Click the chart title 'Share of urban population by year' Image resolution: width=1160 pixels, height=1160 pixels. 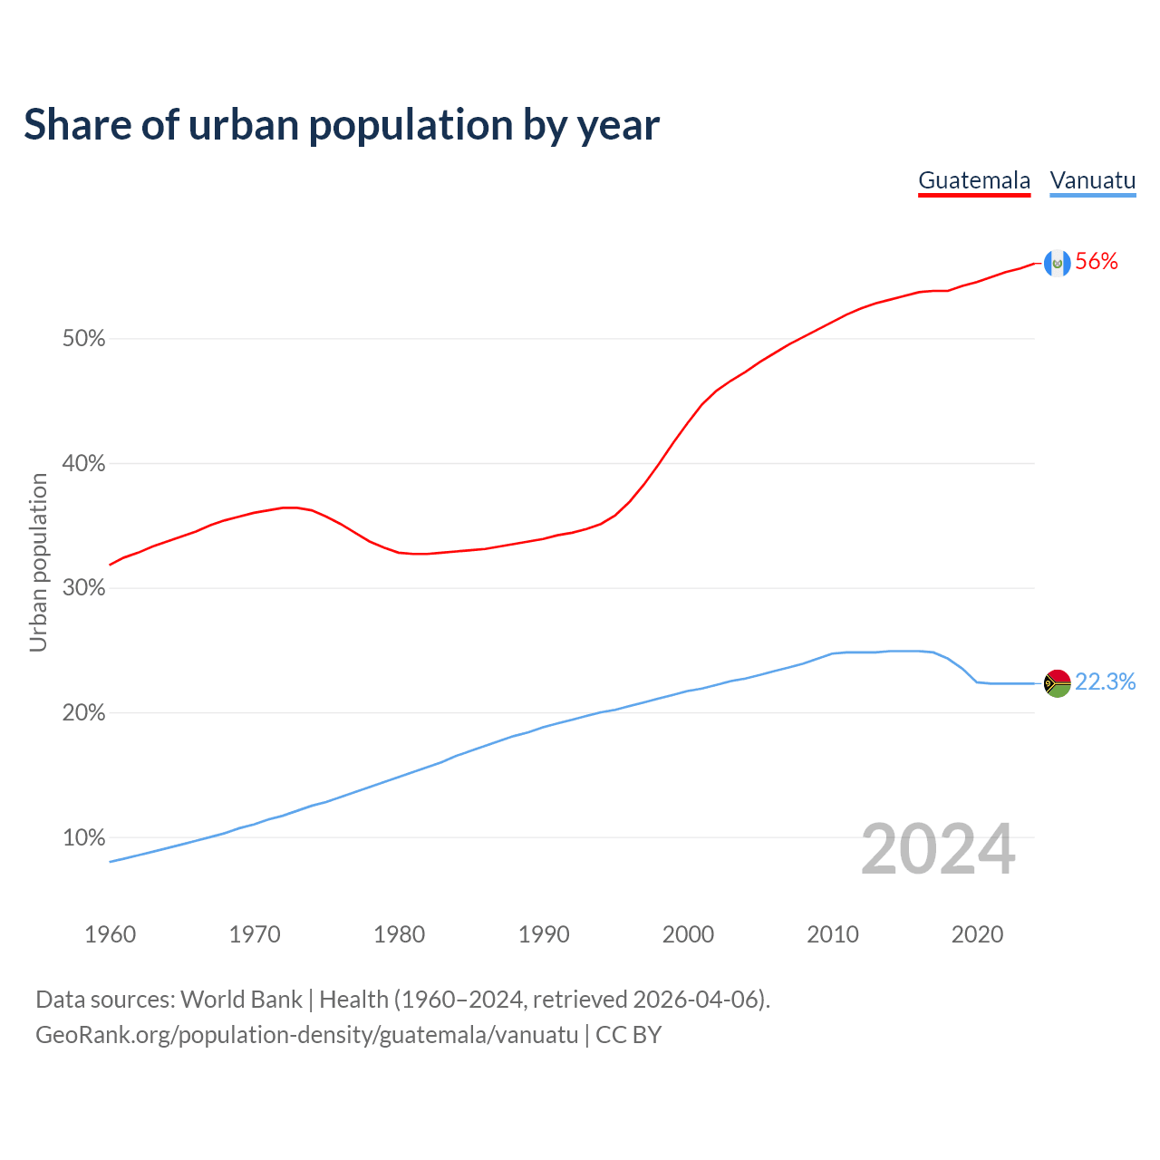[342, 125]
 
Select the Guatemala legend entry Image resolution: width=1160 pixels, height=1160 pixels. [974, 180]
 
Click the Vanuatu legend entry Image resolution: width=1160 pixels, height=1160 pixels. [1092, 180]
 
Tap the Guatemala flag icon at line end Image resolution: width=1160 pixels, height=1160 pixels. [1057, 263]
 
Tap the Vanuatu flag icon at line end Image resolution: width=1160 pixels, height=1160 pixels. [1057, 682]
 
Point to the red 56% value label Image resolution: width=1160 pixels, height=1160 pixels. [1097, 262]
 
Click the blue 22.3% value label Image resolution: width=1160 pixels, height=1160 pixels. [1105, 682]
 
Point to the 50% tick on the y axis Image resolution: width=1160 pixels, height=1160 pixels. [84, 339]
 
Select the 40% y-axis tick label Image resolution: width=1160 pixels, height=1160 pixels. [84, 464]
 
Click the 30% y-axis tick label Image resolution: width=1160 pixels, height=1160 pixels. [84, 588]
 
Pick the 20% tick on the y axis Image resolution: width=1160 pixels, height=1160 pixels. [84, 713]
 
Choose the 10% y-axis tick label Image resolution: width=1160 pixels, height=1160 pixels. [84, 837]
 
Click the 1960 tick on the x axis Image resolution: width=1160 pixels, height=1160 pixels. [111, 934]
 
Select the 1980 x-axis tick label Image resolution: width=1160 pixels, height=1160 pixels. [400, 934]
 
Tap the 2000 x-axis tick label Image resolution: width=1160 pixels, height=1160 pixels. [689, 934]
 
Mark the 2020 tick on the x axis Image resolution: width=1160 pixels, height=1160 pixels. [977, 934]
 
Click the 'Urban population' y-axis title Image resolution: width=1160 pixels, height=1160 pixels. [38, 562]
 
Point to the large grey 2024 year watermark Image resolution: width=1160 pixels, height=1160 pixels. [938, 850]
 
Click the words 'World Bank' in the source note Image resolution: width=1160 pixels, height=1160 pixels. [241, 1000]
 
